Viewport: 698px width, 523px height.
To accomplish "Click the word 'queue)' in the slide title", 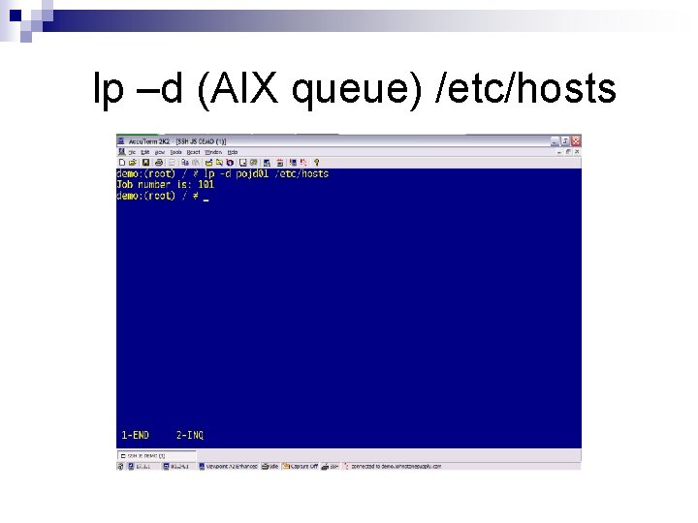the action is pos(361,89).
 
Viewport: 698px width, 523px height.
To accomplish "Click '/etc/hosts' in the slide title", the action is pos(526,89).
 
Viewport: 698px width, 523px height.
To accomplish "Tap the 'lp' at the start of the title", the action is pos(104,89).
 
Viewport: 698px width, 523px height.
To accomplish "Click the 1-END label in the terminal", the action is pos(136,436).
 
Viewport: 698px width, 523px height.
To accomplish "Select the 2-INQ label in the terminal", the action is pos(190,436).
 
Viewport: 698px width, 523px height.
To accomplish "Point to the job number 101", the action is pos(206,184).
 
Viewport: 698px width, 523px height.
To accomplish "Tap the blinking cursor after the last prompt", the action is pos(206,196).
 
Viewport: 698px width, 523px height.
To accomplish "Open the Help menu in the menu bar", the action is pos(233,152).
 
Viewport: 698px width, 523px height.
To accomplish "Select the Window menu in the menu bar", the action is pos(212,152).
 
